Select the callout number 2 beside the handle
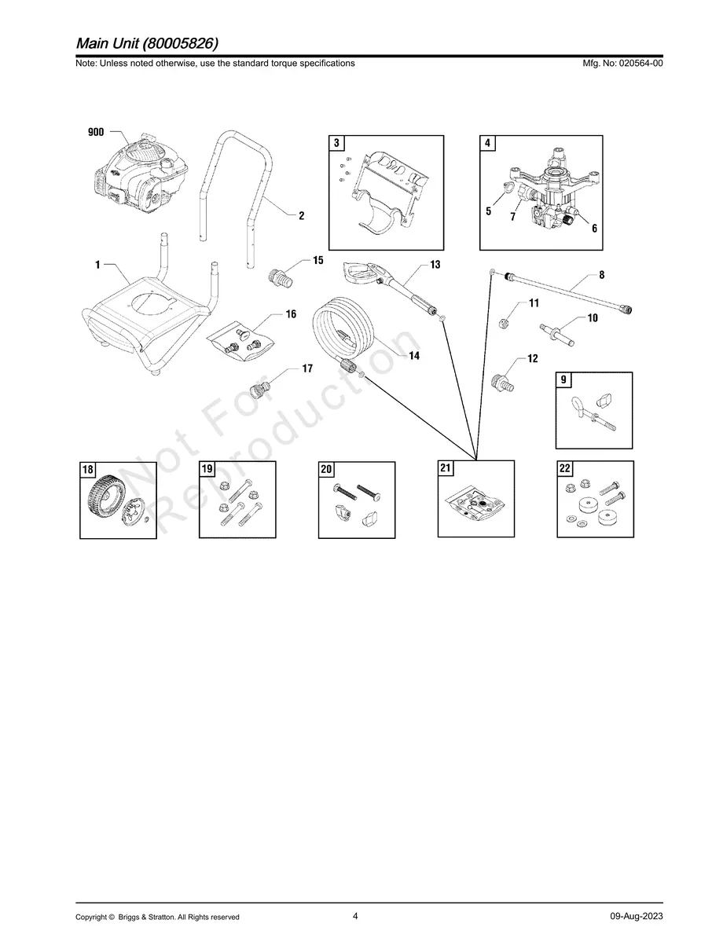302,215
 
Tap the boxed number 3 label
336,143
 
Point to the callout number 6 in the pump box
594,229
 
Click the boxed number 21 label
446,468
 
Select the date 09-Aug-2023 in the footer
636,916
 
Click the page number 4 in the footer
355,915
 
